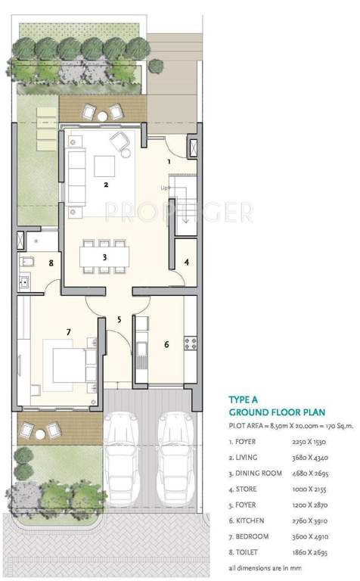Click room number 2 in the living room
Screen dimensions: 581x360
(x=107, y=184)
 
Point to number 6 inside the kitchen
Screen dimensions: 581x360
(x=166, y=344)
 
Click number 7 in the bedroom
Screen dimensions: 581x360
(x=68, y=331)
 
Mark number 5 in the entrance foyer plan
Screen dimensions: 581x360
(x=119, y=319)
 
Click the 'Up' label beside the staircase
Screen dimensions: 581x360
(x=164, y=188)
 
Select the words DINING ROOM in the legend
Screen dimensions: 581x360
(x=261, y=473)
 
